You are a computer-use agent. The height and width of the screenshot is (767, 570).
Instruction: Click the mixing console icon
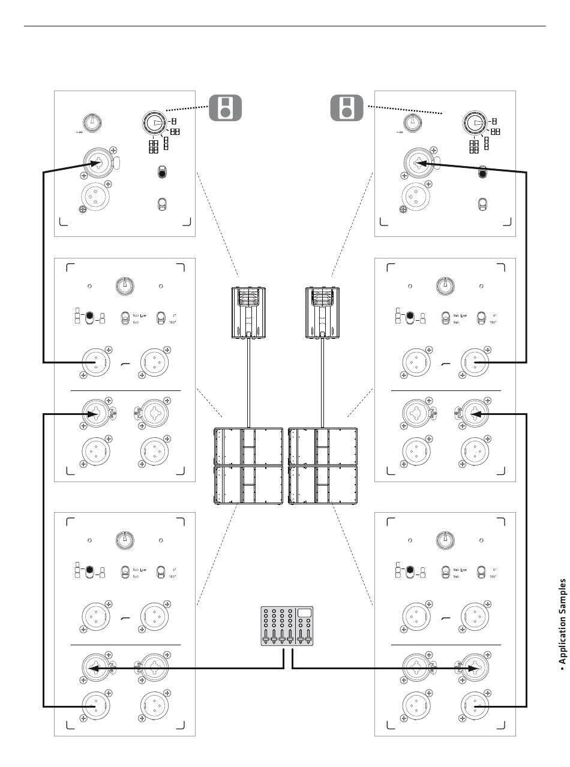click(287, 625)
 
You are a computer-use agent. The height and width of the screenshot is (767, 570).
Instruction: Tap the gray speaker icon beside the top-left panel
click(224, 107)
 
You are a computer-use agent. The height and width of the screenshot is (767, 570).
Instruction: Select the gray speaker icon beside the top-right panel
click(346, 107)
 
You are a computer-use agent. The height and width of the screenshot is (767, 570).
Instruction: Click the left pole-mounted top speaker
click(248, 312)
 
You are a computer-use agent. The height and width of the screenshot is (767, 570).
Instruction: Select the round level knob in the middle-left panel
click(125, 285)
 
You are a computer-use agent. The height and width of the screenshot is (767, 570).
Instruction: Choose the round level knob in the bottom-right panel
click(445, 539)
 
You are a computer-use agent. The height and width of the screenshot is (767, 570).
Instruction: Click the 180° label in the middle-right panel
click(492, 322)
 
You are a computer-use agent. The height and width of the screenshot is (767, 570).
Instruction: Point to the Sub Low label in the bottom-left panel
click(140, 569)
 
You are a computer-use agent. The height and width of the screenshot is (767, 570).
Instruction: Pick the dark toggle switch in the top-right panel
click(481, 173)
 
